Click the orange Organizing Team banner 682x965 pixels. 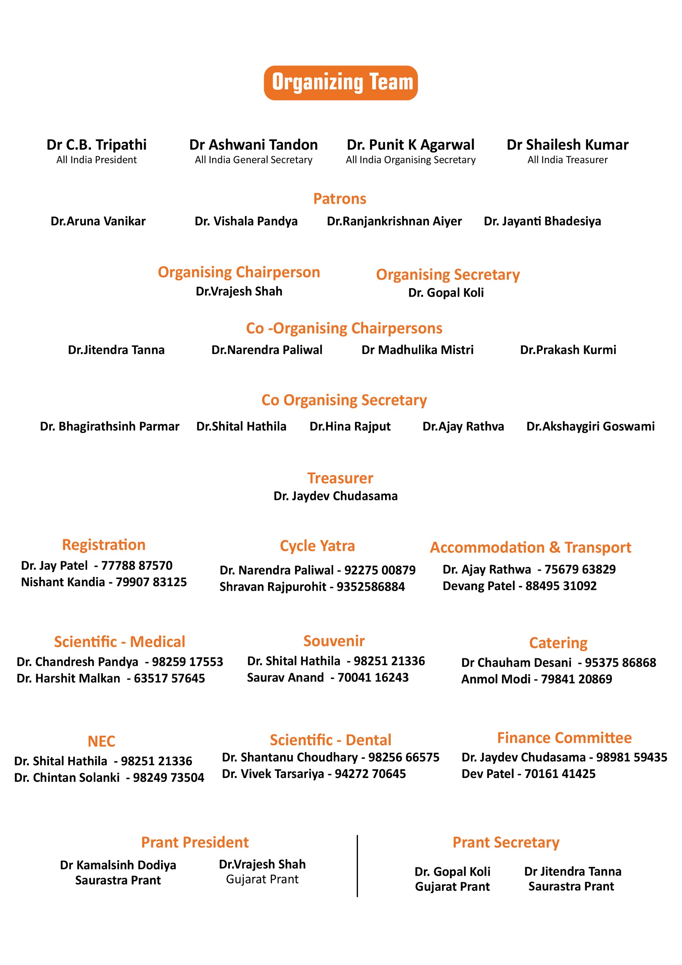tap(340, 83)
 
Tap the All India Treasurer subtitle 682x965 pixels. tap(567, 160)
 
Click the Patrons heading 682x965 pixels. tap(339, 198)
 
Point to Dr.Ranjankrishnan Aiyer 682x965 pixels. tap(394, 221)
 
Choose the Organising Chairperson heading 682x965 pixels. tap(239, 272)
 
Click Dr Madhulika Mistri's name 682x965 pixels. tap(417, 350)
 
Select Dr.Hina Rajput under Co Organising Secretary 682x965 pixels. tap(350, 426)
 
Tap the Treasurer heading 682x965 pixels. tap(340, 478)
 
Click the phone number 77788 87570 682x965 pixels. tap(137, 565)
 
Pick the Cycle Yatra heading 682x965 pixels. tap(317, 545)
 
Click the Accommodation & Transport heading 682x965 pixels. tap(530, 547)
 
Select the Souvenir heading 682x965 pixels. tap(334, 640)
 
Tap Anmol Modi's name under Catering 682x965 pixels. tap(496, 679)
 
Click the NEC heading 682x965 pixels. tap(101, 741)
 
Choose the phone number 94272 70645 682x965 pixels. tap(370, 774)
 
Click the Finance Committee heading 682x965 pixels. tap(564, 738)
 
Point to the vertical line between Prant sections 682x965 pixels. tap(357, 866)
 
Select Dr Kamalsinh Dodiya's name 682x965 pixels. tap(118, 865)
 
